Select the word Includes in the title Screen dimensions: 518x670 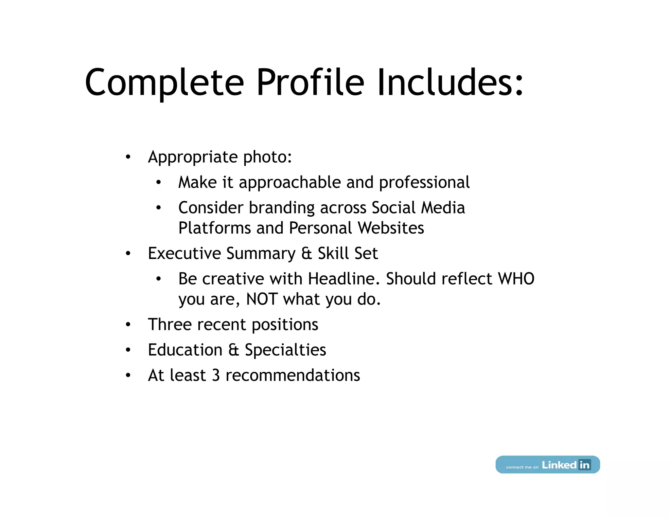pyautogui.click(x=450, y=83)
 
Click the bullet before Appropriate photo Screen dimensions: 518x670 pyautogui.click(x=128, y=157)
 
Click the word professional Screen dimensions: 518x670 pyautogui.click(x=424, y=183)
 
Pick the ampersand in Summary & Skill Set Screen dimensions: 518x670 pyautogui.click(x=307, y=254)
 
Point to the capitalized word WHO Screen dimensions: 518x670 pyautogui.click(x=516, y=279)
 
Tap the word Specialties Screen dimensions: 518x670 pyautogui.click(x=285, y=350)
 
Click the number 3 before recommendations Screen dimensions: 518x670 pyautogui.click(x=216, y=376)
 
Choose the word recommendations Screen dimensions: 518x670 pyautogui.click(x=293, y=376)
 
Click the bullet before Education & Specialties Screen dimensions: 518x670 pyautogui.click(x=128, y=350)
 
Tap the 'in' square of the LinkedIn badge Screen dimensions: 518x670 pyautogui.click(x=584, y=465)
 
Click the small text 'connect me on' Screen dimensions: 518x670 pyautogui.click(x=522, y=467)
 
